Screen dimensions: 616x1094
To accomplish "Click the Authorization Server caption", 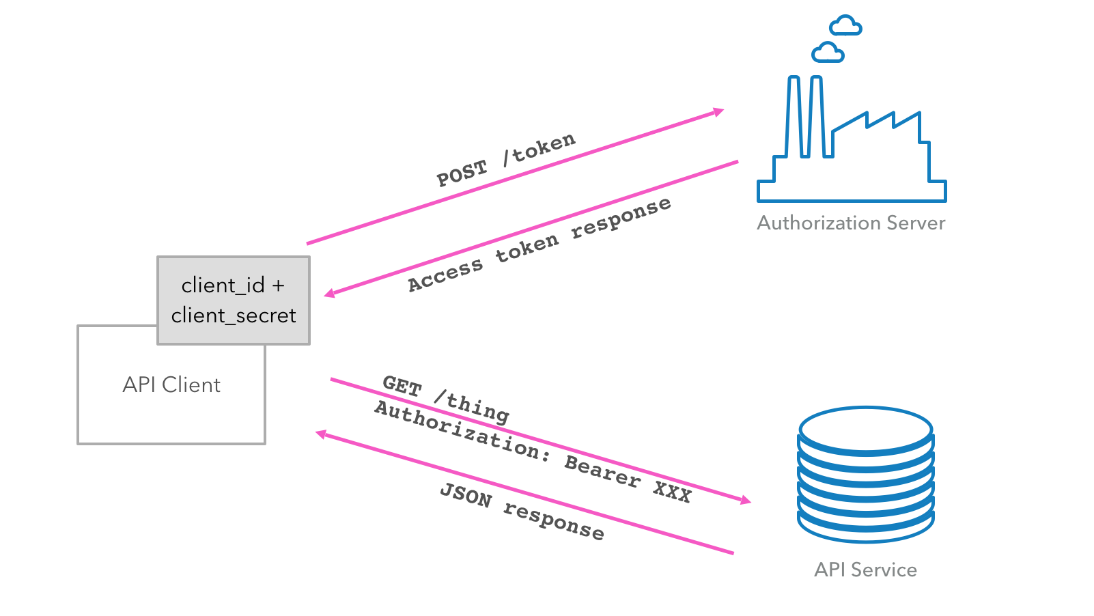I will coord(851,223).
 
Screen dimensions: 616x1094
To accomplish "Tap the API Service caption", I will coord(865,570).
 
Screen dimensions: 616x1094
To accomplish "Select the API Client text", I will coord(171,385).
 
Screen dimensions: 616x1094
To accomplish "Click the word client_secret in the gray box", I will coord(234,316).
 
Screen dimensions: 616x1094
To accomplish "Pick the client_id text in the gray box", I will coord(223,285).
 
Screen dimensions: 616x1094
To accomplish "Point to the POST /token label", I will coord(506,160).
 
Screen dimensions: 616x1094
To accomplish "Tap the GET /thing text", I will coord(445,399).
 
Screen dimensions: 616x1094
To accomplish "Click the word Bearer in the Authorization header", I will coord(602,471).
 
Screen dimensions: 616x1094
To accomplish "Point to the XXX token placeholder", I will coord(672,491).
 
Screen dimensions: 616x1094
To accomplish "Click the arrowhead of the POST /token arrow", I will coord(718,111).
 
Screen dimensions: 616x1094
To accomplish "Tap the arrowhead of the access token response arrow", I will coord(329,294).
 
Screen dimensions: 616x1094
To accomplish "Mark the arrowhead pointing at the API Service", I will coord(746,501).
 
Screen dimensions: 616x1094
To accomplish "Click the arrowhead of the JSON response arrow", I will coord(321,434).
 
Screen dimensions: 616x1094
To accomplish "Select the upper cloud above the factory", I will coord(845,27).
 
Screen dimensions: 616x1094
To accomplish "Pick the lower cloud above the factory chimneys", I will coord(828,53).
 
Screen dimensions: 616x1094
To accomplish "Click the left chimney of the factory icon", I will coord(794,116).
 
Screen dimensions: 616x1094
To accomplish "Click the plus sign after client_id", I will coord(278,285).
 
